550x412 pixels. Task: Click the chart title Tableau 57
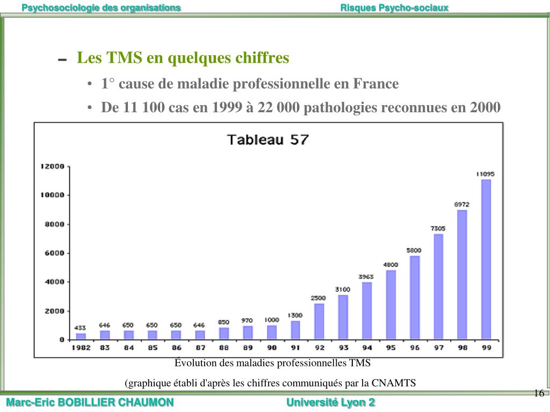click(267, 139)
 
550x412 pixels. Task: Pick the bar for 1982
click(81, 336)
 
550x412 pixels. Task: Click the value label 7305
click(438, 229)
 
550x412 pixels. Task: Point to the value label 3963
click(367, 277)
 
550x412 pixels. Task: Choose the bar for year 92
click(319, 321)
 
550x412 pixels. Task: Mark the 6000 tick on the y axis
click(54, 253)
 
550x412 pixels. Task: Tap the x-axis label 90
click(272, 348)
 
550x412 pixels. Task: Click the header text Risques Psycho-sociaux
click(394, 8)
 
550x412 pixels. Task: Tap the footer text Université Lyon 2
click(331, 402)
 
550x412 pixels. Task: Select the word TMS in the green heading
click(125, 57)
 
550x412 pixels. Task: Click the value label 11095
click(486, 174)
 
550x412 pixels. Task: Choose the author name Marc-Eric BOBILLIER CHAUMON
click(90, 402)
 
